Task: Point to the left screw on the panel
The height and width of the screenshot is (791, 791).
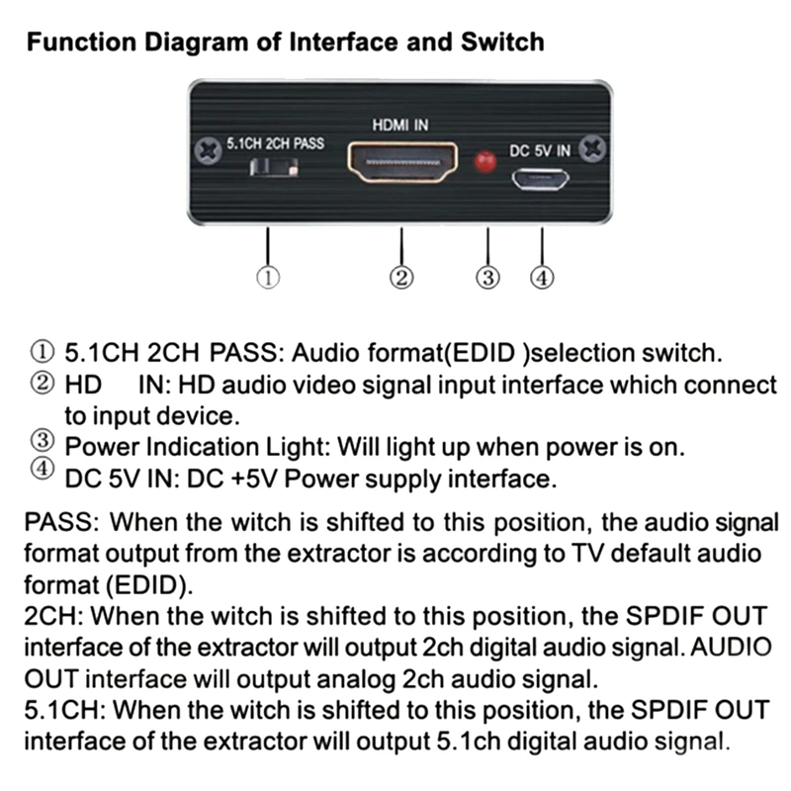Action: (x=208, y=150)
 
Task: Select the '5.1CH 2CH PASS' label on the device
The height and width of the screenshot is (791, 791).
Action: (x=275, y=144)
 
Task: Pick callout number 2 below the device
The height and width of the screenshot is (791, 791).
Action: (x=401, y=278)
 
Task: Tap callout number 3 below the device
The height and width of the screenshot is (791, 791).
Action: (x=486, y=278)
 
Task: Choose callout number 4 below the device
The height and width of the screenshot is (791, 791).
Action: (x=540, y=278)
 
